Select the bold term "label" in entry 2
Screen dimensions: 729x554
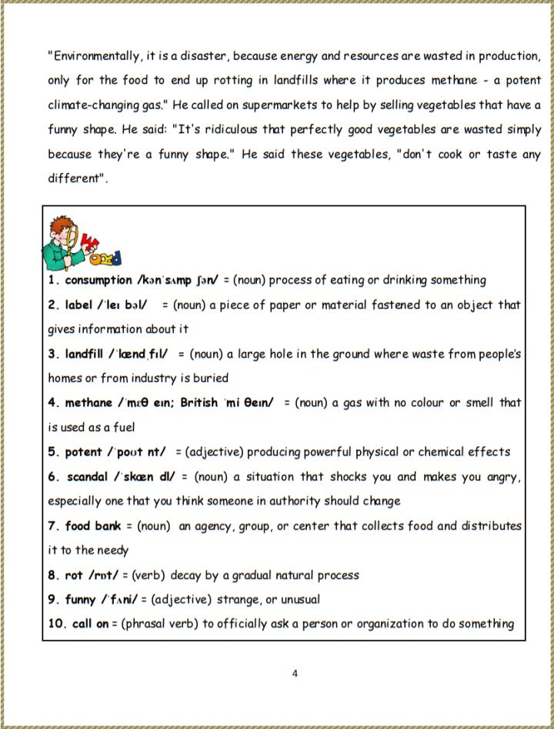78,305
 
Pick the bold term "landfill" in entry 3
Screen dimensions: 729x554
88,354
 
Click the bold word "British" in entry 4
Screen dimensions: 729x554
199,402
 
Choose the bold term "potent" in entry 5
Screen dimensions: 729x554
83,451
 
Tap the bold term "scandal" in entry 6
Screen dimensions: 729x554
87,476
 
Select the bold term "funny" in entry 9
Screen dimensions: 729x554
81,599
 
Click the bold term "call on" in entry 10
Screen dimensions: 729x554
91,624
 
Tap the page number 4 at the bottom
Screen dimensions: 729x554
295,674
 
